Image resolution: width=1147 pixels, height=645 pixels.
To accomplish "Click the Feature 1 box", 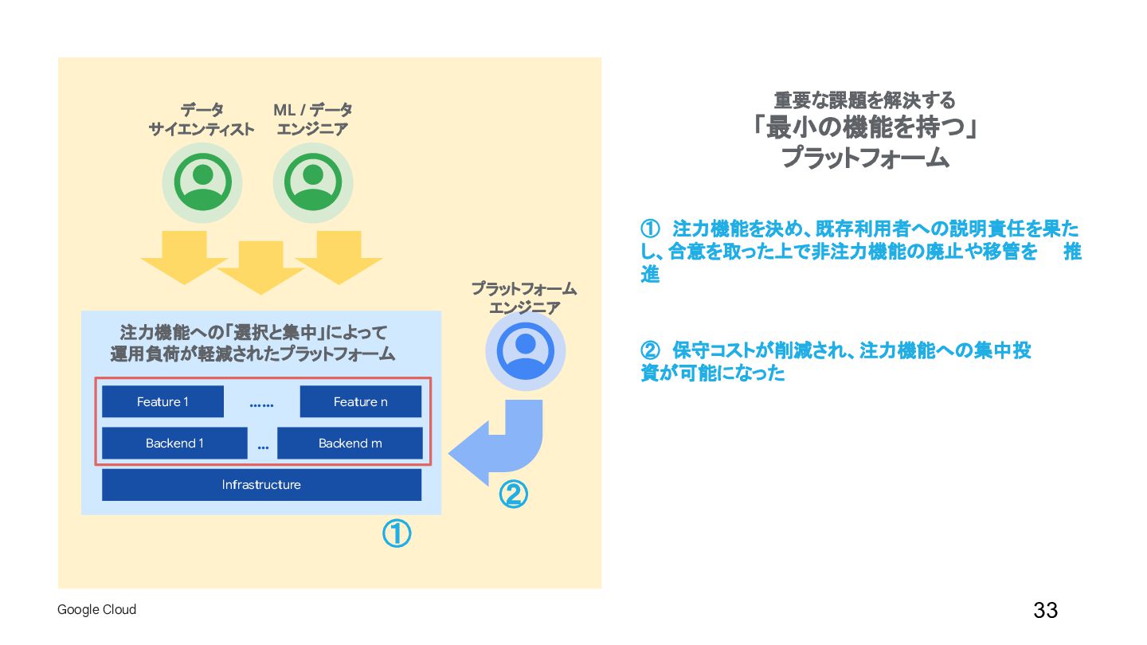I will (162, 401).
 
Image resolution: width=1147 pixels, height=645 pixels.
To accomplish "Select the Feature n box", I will (360, 401).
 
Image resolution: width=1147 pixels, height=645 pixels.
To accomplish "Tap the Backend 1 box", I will (174, 444).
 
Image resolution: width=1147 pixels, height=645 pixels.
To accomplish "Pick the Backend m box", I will (350, 444).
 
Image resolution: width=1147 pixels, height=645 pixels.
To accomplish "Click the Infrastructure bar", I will (261, 485).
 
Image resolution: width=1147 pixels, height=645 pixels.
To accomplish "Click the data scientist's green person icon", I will (203, 182).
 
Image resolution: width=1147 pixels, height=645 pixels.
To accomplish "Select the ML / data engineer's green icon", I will (313, 182).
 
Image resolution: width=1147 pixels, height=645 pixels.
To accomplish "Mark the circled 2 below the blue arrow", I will (513, 495).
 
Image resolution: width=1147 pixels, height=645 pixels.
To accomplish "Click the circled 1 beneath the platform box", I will (397, 534).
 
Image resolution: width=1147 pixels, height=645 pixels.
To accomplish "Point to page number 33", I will (1045, 611).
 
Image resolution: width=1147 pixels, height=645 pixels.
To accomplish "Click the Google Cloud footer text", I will (96, 610).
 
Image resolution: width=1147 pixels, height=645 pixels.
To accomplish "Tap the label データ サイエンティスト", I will (202, 119).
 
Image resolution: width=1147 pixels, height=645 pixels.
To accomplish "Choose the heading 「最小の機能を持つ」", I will (865, 127).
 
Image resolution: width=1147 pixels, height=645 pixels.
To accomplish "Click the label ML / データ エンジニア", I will (312, 119).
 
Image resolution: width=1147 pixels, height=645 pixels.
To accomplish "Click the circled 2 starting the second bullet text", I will (650, 350).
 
